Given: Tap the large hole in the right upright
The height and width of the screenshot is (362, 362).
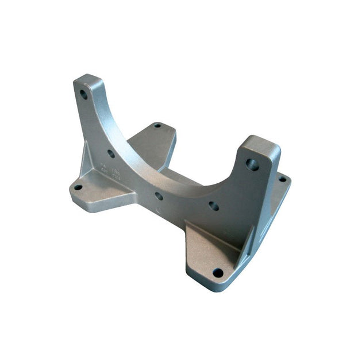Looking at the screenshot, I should [x=252, y=164].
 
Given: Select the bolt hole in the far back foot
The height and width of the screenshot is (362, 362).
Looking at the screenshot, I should [x=157, y=125].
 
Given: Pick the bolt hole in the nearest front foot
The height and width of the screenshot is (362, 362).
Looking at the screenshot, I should [x=218, y=272].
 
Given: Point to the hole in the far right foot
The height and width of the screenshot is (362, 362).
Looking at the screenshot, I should [x=282, y=179].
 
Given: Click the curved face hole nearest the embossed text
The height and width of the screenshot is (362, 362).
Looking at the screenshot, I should [x=111, y=154].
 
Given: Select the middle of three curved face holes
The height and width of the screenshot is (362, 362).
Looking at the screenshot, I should [x=159, y=196].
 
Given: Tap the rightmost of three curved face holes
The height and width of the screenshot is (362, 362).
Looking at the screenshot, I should [x=214, y=205].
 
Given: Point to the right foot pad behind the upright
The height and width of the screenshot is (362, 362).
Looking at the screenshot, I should [x=281, y=193].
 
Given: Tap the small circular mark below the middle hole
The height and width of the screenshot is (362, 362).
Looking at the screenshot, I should [x=159, y=210].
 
